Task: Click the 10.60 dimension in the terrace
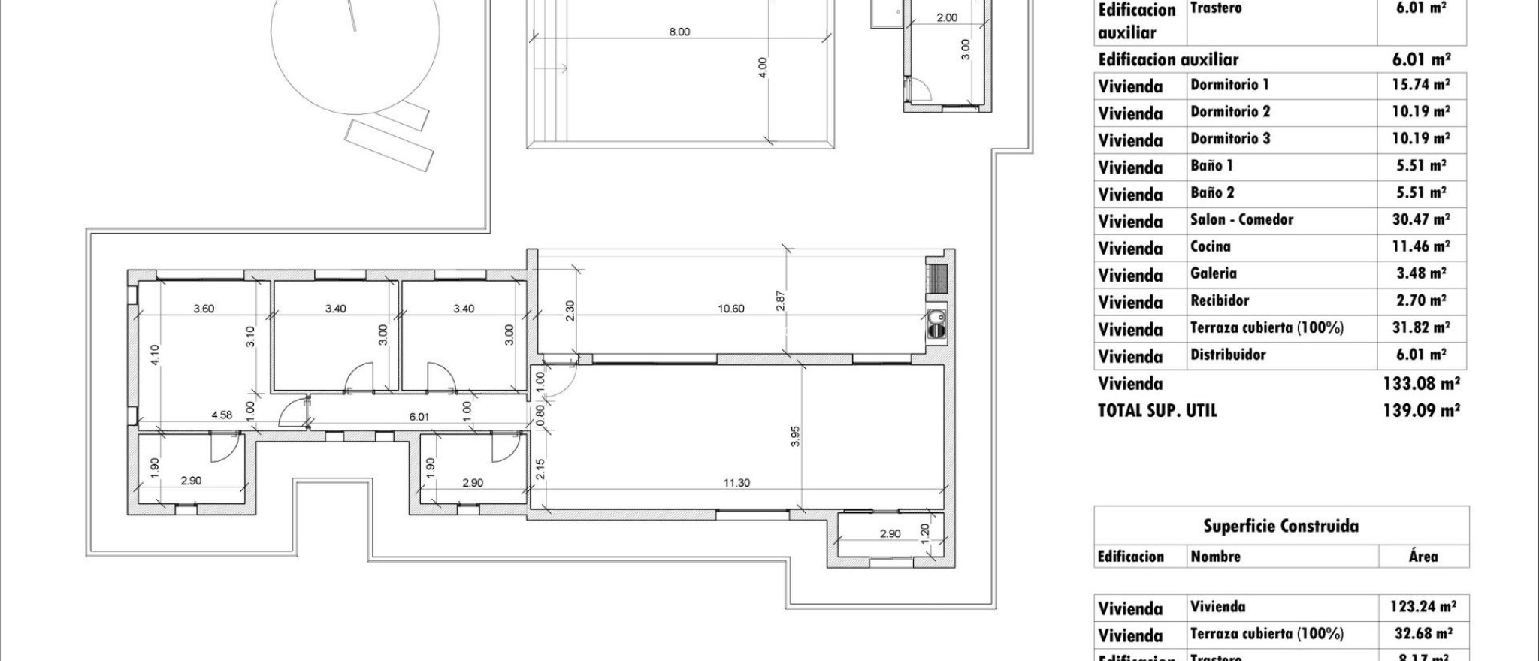[x=730, y=309]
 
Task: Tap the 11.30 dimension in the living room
[x=736, y=483]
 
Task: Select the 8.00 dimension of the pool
[x=679, y=32]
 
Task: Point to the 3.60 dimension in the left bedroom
[x=204, y=309]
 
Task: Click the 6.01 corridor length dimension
[x=419, y=416]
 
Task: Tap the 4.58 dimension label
[x=222, y=415]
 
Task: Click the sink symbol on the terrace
[x=936, y=324]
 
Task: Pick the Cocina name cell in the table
[x=1211, y=246]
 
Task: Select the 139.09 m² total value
[x=1421, y=411]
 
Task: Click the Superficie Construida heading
[x=1280, y=526]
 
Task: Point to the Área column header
[x=1423, y=557]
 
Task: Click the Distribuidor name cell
[x=1228, y=355]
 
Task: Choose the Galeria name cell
[x=1213, y=273]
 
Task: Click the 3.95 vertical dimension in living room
[x=796, y=436]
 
